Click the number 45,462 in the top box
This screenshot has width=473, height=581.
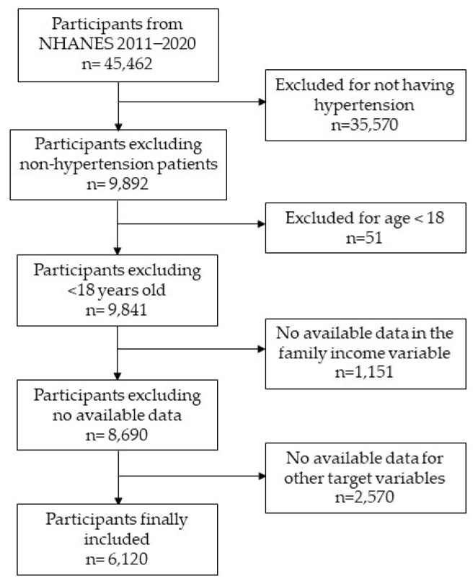tap(128, 63)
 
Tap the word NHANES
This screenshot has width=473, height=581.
tap(76, 44)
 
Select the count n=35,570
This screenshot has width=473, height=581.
tap(364, 125)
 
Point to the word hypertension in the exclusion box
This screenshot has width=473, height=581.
tap(364, 105)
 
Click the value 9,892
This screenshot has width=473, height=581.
tap(128, 184)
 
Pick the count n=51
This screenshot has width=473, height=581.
tap(364, 237)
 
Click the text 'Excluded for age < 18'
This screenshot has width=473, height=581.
tap(365, 218)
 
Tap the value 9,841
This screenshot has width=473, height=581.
tap(128, 310)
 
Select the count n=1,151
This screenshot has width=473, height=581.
tap(364, 372)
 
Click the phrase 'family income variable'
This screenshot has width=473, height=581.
tap(364, 352)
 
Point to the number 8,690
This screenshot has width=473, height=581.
tap(128, 434)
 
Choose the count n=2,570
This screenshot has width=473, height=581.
tap(364, 497)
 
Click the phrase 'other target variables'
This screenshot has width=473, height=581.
tap(364, 478)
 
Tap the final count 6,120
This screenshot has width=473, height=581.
tap(128, 559)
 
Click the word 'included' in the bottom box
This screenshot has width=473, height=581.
tap(117, 538)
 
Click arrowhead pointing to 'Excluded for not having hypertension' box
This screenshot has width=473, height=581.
tap(262, 102)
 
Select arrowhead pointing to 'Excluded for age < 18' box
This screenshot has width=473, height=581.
tap(262, 223)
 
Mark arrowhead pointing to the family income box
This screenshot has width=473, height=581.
tap(262, 349)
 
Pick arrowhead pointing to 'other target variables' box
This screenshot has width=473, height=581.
tap(262, 476)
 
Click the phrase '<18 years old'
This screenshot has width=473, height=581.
tap(116, 290)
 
